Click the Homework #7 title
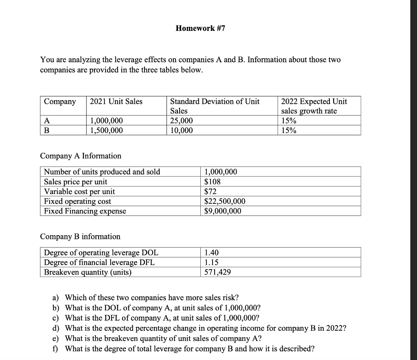(200, 28)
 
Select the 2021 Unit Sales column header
(116, 101)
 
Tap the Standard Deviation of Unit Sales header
(215, 106)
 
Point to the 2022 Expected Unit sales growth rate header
(314, 106)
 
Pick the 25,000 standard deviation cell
(182, 121)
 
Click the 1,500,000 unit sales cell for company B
(106, 130)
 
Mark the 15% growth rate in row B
(289, 130)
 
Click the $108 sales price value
(212, 181)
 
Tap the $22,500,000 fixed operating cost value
(224, 201)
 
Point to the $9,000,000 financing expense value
(222, 211)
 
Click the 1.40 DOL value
(212, 253)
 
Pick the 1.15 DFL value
(212, 262)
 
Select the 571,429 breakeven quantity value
(218, 272)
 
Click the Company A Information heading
(81, 156)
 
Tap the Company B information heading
(80, 236)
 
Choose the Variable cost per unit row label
(79, 191)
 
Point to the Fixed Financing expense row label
(85, 211)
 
